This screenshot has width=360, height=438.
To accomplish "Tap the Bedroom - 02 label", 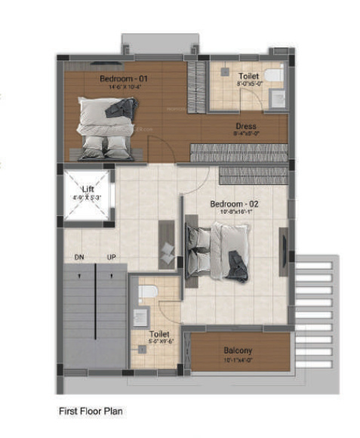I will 235,204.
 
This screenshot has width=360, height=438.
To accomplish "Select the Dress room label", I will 245,126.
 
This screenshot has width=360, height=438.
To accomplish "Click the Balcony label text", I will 238,350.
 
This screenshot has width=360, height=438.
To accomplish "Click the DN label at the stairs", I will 78,258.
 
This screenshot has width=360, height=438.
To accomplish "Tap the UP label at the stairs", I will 112,258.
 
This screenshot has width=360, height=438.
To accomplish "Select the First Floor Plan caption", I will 91,412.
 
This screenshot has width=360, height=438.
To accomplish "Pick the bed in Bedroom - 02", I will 219,249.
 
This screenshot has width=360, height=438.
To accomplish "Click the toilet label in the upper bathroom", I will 248,76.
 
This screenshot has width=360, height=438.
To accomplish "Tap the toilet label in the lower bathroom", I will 159,333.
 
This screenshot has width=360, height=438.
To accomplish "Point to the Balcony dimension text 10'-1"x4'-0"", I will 238,359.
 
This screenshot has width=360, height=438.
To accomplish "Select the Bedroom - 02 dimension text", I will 235,212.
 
